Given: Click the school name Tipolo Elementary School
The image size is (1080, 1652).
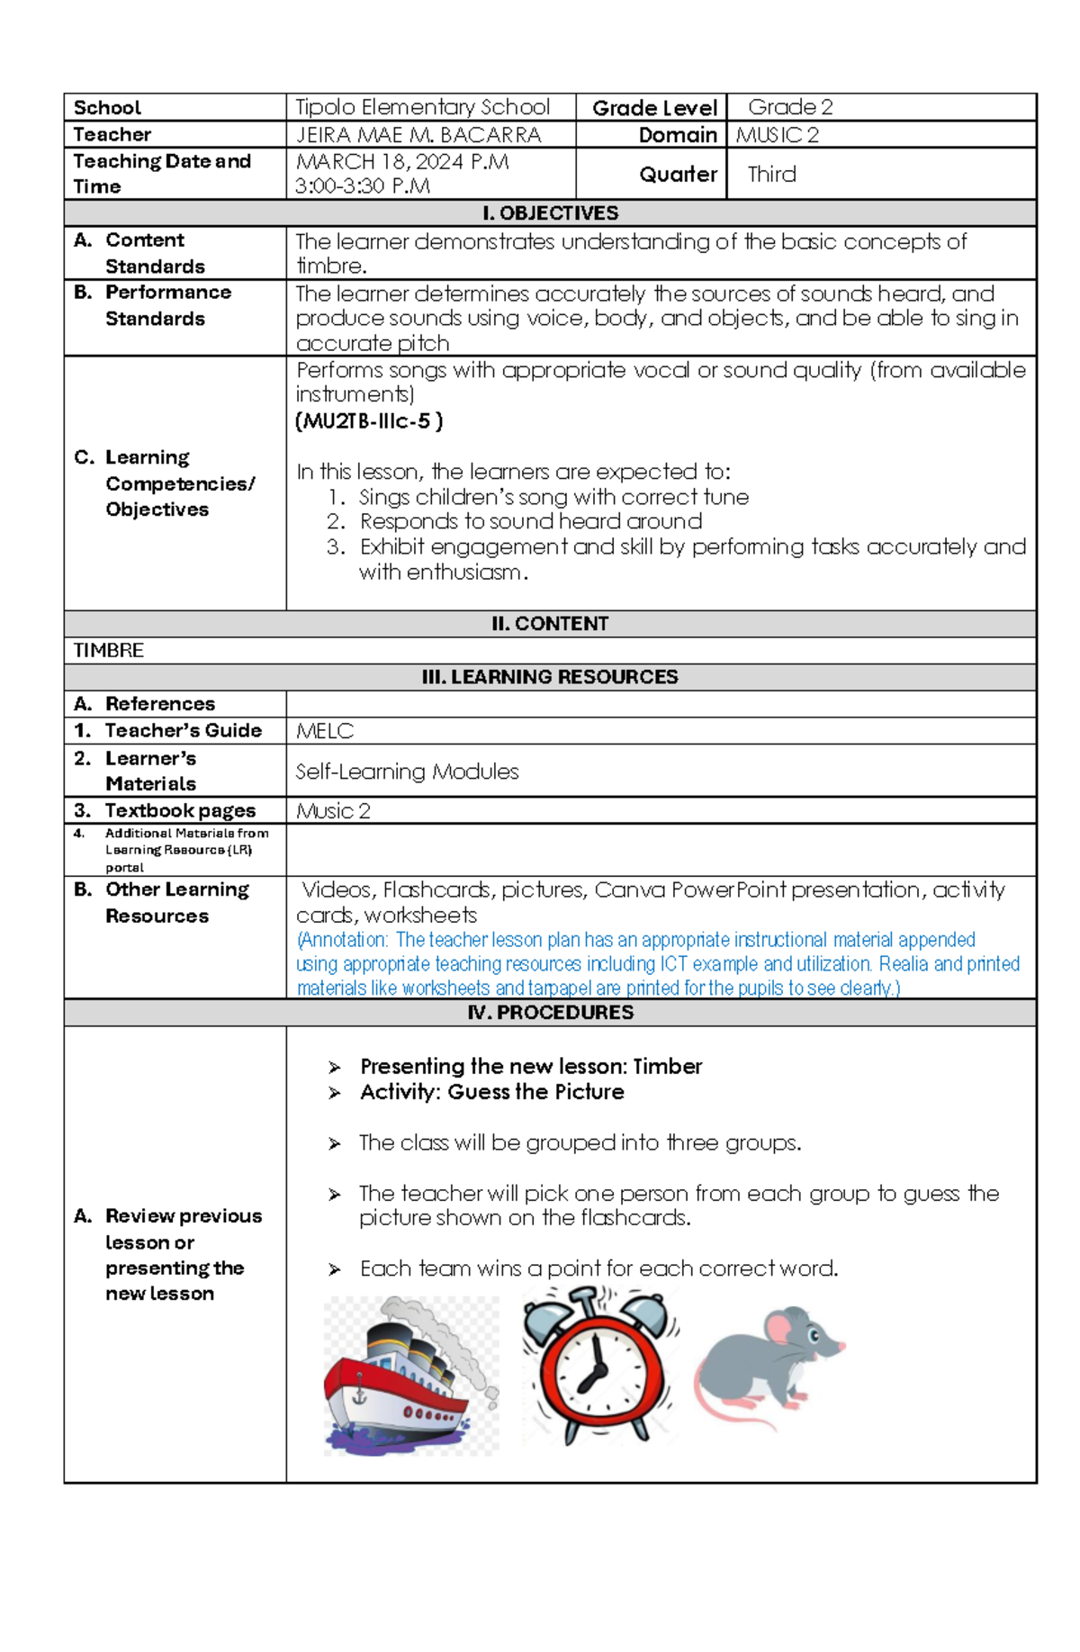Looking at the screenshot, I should click(x=422, y=107).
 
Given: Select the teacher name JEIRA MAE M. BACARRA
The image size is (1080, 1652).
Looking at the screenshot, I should click(x=418, y=135).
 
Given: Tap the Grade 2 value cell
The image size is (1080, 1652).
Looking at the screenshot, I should click(x=790, y=107).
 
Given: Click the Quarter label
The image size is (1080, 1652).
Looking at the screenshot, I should click(x=678, y=174).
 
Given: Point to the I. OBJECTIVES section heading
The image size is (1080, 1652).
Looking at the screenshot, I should click(x=550, y=213).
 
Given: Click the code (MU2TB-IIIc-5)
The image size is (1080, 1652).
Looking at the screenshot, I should click(x=369, y=420).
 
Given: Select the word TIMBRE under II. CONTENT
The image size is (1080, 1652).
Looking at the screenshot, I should click(x=108, y=650).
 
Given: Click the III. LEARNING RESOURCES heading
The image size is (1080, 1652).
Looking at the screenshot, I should click(x=550, y=677).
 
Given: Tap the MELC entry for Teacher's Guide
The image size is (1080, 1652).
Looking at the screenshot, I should click(x=325, y=731).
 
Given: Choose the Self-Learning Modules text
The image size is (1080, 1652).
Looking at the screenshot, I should click(x=407, y=772).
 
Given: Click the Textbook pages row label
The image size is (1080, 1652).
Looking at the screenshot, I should click(x=179, y=810).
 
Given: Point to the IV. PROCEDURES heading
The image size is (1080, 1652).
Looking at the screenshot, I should click(x=550, y=1013).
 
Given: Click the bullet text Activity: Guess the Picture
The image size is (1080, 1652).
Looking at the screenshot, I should click(x=491, y=1092).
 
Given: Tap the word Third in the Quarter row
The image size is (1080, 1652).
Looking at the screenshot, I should click(x=771, y=174).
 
